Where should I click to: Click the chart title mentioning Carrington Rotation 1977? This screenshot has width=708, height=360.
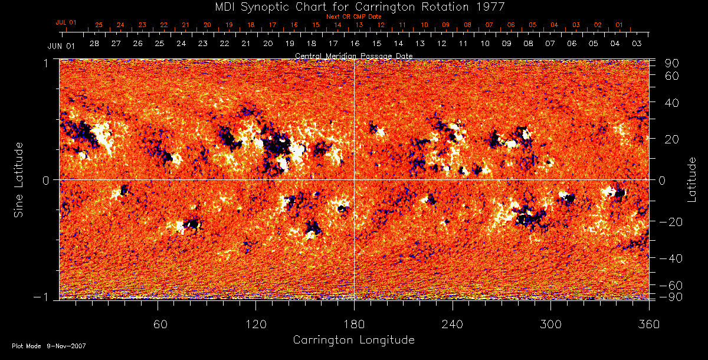coord(353,6)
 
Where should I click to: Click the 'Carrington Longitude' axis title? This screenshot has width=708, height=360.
coord(353,340)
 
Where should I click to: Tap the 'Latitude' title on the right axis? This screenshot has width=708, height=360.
coord(692,179)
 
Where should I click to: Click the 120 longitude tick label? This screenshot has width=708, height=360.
coord(256,324)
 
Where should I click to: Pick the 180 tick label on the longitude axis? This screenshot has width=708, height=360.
coord(354,324)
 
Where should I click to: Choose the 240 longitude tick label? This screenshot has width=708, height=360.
coord(453,324)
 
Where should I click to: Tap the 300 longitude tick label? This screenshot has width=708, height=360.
coord(550,324)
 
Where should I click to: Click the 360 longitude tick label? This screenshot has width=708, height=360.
coord(649,324)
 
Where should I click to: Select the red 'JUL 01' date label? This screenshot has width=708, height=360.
coord(66,22)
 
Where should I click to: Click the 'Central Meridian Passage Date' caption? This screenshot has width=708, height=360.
coord(353,55)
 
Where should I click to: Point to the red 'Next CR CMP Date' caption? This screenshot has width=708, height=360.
coord(353,17)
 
